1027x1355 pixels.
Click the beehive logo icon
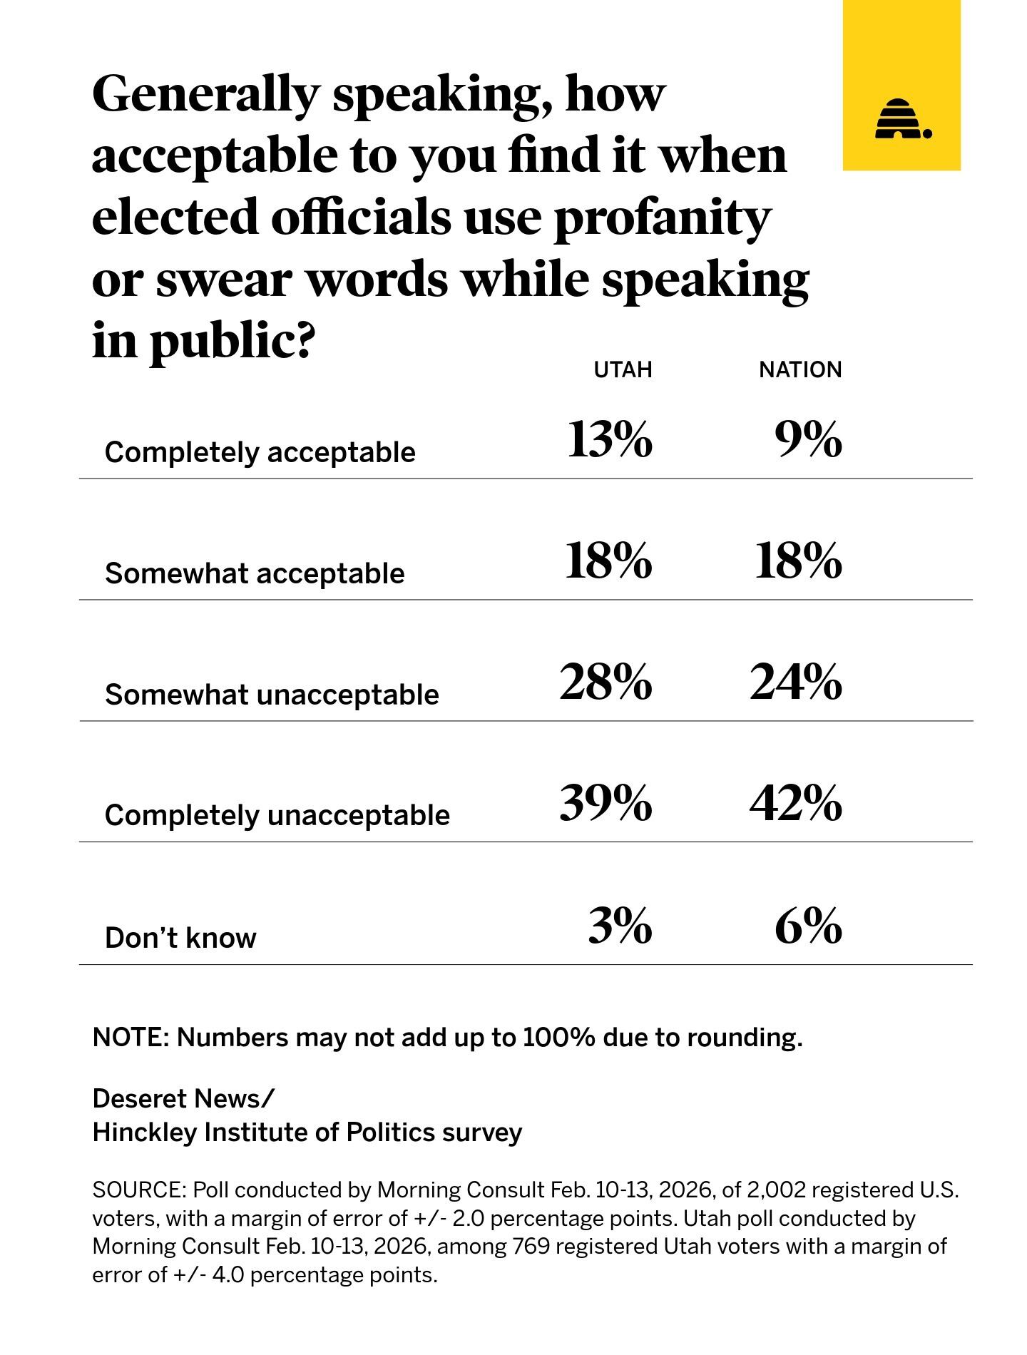(902, 119)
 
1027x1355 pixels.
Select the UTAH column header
(623, 369)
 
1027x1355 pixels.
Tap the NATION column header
(799, 369)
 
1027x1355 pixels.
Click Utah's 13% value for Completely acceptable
(609, 439)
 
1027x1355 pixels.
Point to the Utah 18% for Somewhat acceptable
(608, 561)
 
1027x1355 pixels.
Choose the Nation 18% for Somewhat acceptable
(798, 561)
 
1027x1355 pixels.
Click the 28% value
(606, 682)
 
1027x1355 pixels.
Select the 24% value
(795, 682)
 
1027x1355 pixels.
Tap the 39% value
(606, 803)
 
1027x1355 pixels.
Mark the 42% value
(795, 803)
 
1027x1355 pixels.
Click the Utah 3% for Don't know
(620, 926)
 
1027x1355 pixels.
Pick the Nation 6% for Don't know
(808, 926)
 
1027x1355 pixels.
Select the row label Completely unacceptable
(277, 815)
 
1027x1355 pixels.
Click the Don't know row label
(180, 938)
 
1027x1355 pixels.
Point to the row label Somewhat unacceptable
(272, 694)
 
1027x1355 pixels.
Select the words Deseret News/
(183, 1099)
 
